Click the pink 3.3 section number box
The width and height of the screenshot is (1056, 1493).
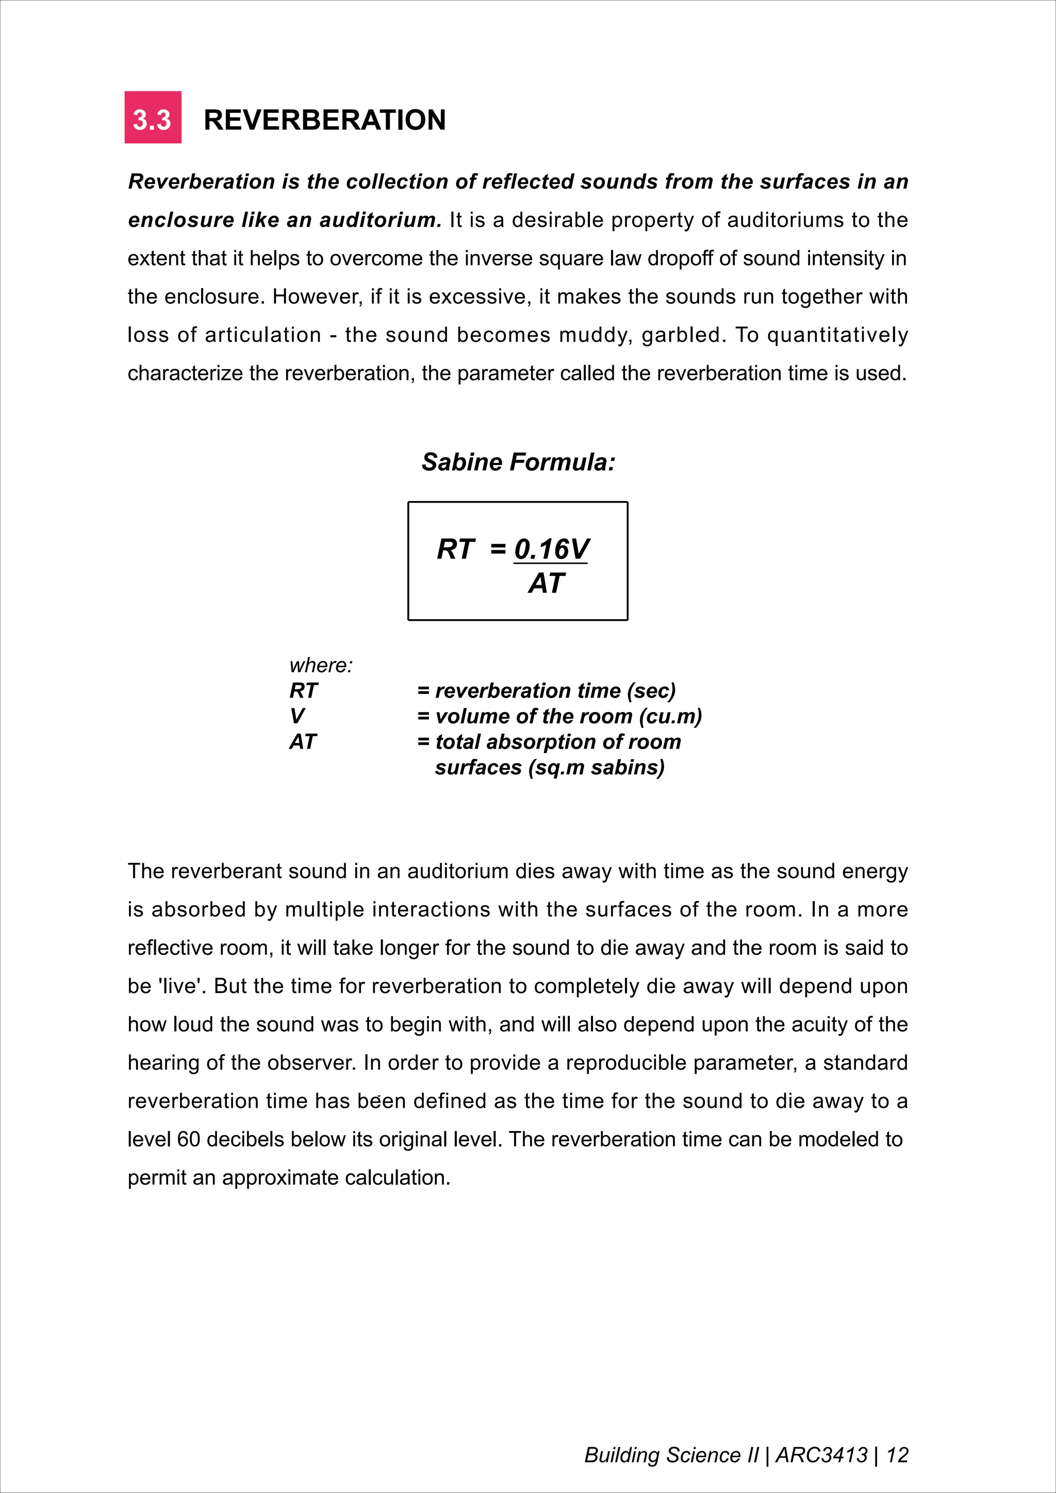pyautogui.click(x=153, y=118)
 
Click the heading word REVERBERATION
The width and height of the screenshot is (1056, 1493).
pyautogui.click(x=324, y=120)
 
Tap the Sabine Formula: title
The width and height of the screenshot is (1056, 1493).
pyautogui.click(x=518, y=462)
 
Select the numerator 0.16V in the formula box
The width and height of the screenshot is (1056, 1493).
pyautogui.click(x=551, y=550)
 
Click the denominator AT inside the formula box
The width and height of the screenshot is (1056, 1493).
pyautogui.click(x=546, y=583)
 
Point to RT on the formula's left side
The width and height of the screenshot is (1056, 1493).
pyautogui.click(x=456, y=550)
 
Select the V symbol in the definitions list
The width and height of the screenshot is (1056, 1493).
pyautogui.click(x=296, y=716)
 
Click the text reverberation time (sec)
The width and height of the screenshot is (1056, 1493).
pyautogui.click(x=555, y=691)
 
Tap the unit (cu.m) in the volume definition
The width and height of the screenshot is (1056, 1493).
pyautogui.click(x=670, y=716)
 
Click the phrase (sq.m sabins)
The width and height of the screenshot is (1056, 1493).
pyautogui.click(x=596, y=767)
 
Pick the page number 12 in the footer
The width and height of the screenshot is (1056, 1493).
pyautogui.click(x=897, y=1455)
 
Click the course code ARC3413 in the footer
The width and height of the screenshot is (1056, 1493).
pyautogui.click(x=821, y=1455)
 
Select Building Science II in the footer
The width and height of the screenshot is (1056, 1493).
pyautogui.click(x=671, y=1455)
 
